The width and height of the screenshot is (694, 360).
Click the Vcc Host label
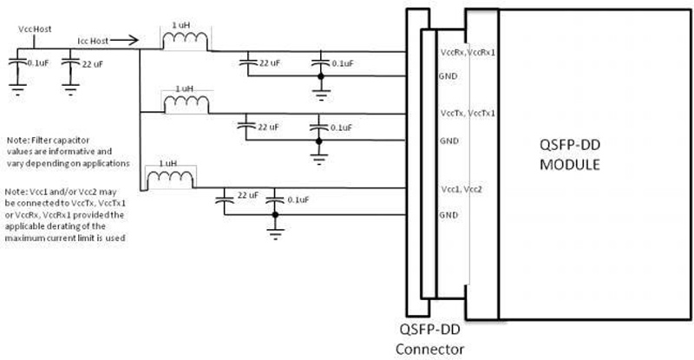tap(35, 29)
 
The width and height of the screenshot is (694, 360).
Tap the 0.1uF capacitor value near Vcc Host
tap(39, 63)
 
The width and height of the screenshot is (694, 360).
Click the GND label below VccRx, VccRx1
tap(449, 76)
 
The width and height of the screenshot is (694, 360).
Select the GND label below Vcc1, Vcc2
tap(449, 213)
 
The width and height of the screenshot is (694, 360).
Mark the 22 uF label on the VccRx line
tap(266, 63)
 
